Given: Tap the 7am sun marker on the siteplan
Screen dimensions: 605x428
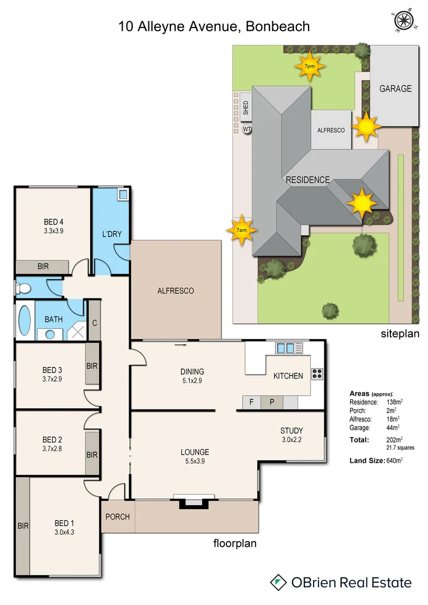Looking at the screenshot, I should tap(241, 230).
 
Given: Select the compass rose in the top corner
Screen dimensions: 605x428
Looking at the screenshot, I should tap(403, 21).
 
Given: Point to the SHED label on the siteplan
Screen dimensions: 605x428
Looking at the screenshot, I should tap(246, 108).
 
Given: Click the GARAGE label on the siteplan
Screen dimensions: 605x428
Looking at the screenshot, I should tap(395, 89).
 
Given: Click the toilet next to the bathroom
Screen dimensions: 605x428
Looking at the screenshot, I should tap(23, 288).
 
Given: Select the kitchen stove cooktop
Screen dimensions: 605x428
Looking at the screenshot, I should tap(318, 374).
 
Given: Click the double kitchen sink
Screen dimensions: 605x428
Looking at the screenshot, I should tap(285, 348).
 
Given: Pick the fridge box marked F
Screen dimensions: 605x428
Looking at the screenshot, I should tap(252, 402).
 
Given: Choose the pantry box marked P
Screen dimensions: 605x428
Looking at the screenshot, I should tap(272, 402).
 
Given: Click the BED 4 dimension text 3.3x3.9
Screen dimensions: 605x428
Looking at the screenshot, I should tap(53, 230).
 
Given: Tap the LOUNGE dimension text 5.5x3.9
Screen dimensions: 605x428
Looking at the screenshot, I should tap(194, 462).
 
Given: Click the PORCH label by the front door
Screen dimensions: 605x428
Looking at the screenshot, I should tap(118, 516).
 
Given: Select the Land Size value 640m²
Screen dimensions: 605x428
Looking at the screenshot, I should tap(395, 460).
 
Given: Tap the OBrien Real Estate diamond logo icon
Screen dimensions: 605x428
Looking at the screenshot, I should tap(278, 582).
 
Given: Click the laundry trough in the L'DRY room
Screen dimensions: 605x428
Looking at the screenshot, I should tap(123, 195).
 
